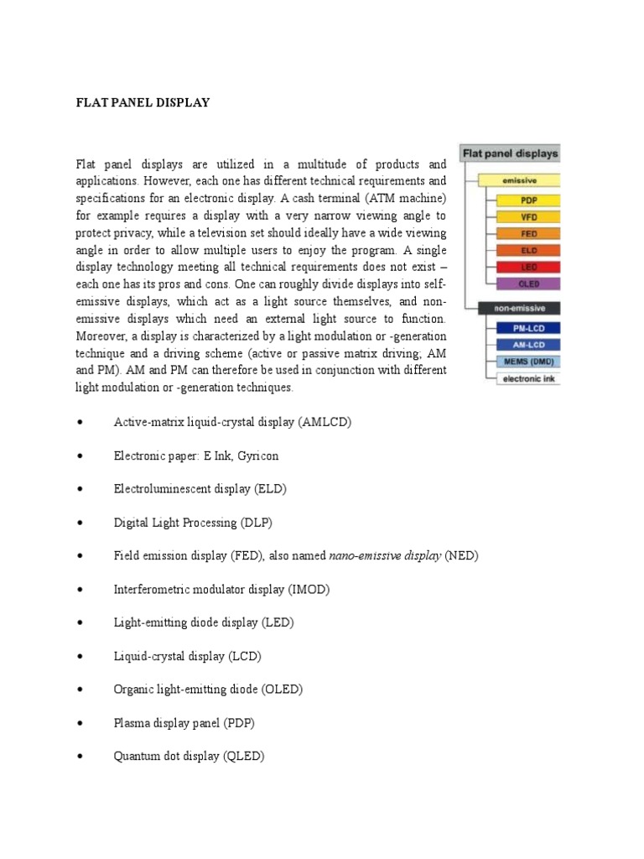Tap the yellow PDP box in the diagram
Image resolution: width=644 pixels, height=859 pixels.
pos(528,200)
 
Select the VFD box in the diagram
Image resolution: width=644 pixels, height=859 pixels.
pos(528,217)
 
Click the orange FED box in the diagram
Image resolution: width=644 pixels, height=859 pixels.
pos(528,234)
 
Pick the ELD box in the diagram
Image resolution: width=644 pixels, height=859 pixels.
pos(528,251)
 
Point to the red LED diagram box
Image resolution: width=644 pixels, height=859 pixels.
pos(528,267)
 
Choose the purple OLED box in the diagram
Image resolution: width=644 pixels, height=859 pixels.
pos(528,284)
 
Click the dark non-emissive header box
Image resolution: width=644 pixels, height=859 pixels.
pos(518,309)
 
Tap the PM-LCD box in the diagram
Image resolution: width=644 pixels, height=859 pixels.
pos(528,329)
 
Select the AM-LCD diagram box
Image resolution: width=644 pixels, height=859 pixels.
pos(528,345)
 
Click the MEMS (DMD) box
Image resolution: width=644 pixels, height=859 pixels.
pos(528,362)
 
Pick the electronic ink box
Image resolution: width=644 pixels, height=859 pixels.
pos(528,379)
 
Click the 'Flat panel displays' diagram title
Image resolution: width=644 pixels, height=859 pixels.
pos(510,154)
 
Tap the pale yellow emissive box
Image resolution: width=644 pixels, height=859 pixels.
pos(520,180)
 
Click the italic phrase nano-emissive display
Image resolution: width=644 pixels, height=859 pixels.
pos(385,555)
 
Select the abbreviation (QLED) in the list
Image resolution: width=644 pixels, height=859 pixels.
pos(243,756)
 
